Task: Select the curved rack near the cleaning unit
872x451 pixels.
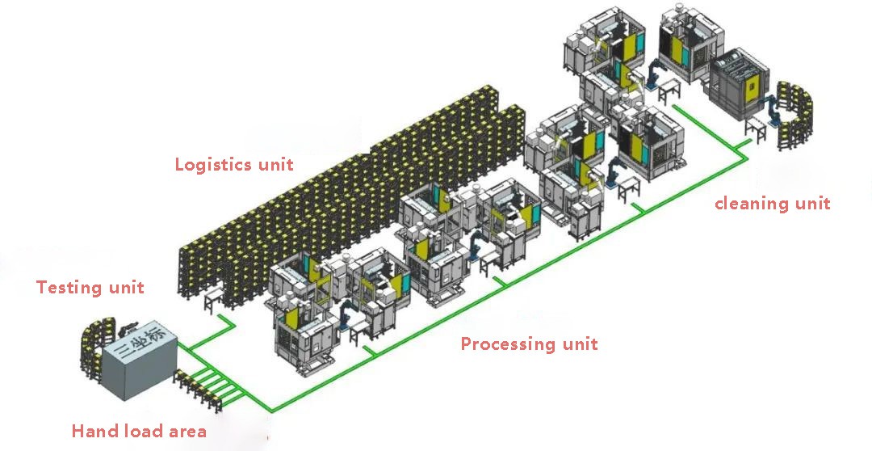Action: point(795,116)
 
